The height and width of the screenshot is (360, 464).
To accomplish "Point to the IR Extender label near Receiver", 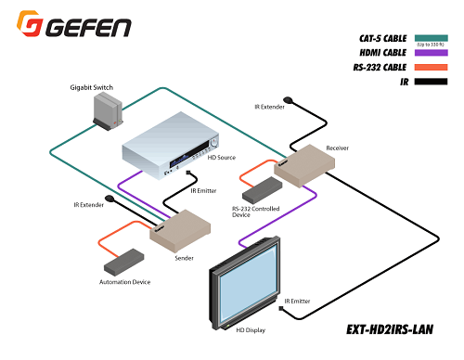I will (272, 107).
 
